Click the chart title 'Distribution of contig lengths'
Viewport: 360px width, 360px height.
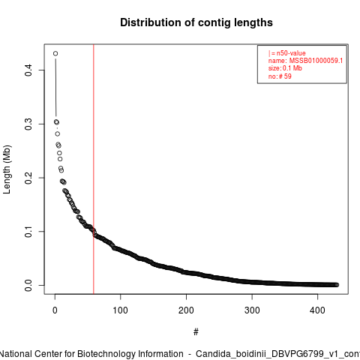pos(196,22)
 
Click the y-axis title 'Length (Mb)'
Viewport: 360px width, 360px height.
pos(7,169)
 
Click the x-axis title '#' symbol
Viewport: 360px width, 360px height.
pos(196,332)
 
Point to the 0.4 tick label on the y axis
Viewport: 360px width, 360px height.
pos(28,70)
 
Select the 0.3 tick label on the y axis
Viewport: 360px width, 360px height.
pos(28,124)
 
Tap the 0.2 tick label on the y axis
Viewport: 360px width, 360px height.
pos(28,178)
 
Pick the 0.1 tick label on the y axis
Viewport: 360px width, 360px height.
pos(28,232)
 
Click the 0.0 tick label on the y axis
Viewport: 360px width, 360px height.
pos(28,285)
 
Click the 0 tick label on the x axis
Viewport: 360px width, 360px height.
pos(55,310)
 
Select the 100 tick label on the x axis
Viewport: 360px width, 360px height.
pos(121,310)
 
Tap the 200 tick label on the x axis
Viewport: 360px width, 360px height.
pos(186,310)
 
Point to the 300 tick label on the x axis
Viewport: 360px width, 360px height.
pos(252,310)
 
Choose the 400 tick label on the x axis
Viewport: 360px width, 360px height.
pos(317,310)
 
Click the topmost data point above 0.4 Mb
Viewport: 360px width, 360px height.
pos(55,53)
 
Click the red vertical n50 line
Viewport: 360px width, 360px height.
pos(94,169)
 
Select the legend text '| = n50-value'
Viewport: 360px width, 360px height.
pos(287,53)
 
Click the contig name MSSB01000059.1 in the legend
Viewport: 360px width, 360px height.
pos(316,61)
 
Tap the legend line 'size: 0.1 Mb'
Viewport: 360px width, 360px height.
pos(285,68)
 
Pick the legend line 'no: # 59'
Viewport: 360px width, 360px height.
pos(280,76)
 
